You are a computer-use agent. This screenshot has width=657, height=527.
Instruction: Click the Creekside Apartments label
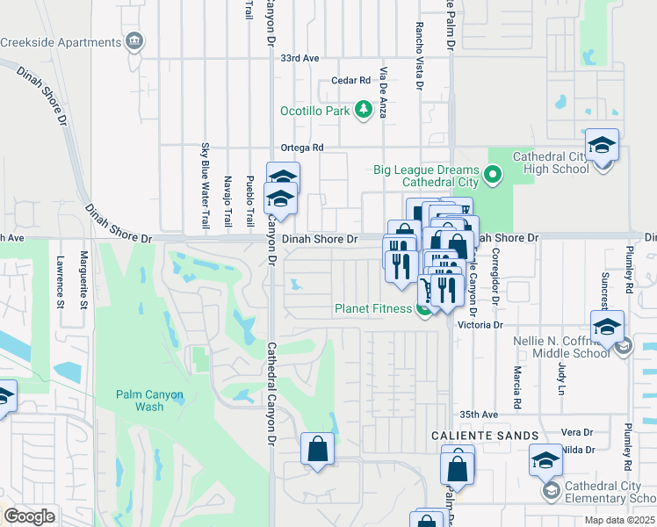click(60, 42)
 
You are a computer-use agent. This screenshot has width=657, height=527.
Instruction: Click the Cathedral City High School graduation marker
click(603, 146)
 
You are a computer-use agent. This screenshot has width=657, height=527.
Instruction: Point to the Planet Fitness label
click(372, 308)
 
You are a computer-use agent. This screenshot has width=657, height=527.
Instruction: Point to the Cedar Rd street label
click(351, 81)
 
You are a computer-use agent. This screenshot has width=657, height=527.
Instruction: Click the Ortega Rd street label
click(302, 148)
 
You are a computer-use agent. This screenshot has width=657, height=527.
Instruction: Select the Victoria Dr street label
click(484, 324)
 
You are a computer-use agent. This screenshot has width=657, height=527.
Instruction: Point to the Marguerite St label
click(83, 280)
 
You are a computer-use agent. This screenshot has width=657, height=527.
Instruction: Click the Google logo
click(29, 516)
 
